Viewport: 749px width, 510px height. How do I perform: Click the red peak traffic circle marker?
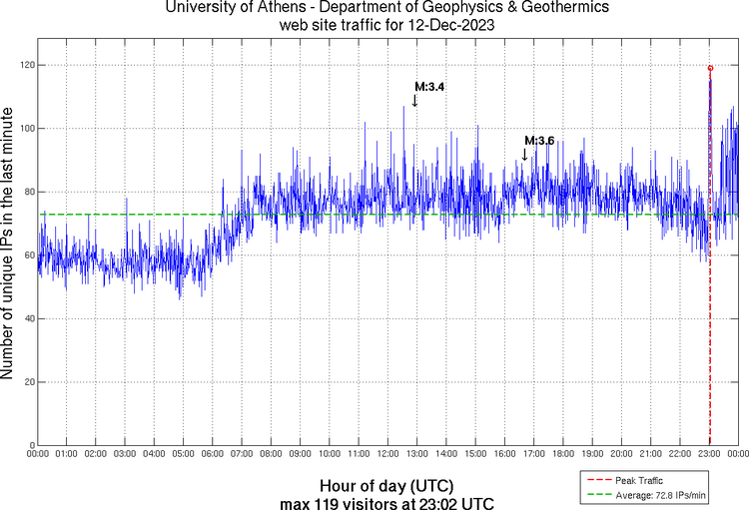pyautogui.click(x=710, y=68)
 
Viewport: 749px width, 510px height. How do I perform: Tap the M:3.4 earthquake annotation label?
pyautogui.click(x=429, y=87)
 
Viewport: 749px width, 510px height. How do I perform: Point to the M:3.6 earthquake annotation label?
pyautogui.click(x=539, y=141)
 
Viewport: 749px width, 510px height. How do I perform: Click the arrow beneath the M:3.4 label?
pyautogui.click(x=414, y=100)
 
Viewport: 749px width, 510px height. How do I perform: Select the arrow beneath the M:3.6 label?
pyautogui.click(x=524, y=154)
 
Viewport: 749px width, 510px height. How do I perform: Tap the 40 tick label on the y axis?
pyautogui.click(x=28, y=319)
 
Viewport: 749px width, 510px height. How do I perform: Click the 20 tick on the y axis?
pyautogui.click(x=28, y=382)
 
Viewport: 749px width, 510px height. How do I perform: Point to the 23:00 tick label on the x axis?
pyautogui.click(x=709, y=455)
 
